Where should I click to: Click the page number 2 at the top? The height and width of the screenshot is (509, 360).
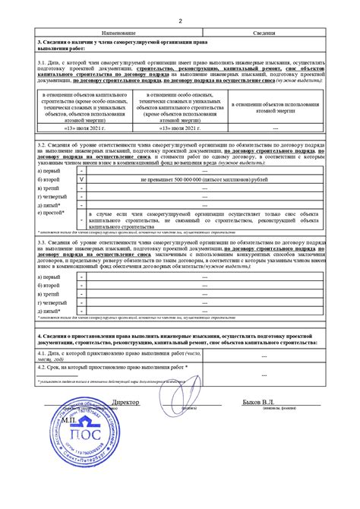179,21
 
